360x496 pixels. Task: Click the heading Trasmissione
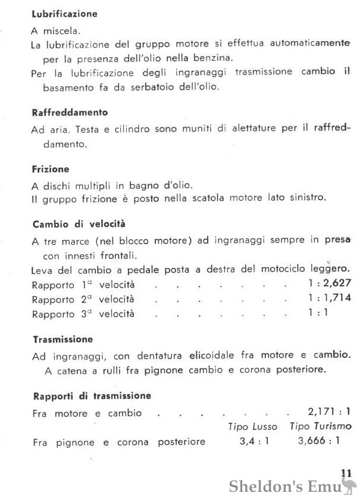[62, 339]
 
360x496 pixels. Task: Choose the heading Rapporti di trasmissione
[91, 395]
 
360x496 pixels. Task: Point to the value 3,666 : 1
[318, 441]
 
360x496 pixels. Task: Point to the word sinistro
[306, 198]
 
